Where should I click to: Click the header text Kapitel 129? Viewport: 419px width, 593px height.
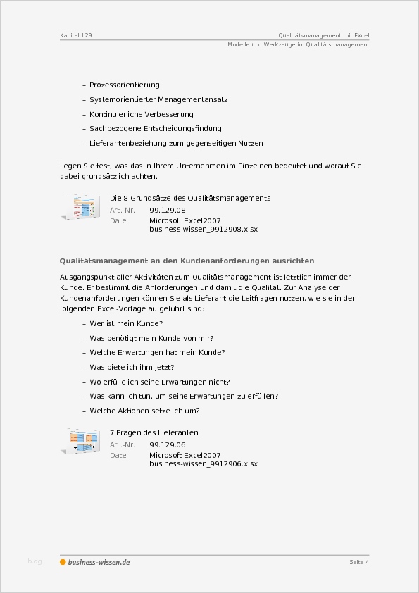pos(75,35)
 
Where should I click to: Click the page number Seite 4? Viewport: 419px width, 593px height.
pos(359,562)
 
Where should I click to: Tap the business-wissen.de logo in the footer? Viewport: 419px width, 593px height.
pos(95,562)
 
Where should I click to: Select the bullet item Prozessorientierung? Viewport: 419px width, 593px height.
pos(125,85)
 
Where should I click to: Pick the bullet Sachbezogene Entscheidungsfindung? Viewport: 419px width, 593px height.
pos(156,129)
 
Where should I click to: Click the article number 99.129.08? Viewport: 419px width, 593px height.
pos(168,210)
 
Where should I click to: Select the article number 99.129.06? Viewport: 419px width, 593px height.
pos(168,444)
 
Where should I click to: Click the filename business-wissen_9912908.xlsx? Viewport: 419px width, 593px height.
pos(204,230)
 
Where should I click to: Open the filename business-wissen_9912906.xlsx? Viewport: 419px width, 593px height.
pos(204,464)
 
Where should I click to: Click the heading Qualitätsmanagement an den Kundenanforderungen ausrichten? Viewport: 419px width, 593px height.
pos(187,261)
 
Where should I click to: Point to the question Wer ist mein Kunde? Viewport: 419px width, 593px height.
pos(126,323)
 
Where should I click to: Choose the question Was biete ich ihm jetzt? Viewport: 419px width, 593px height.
pos(132,367)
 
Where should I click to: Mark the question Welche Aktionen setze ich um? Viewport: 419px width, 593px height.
pos(145,411)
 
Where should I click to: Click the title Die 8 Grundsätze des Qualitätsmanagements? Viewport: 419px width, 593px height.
pos(190,198)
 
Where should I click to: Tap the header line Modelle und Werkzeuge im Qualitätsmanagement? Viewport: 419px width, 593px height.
pos(298,44)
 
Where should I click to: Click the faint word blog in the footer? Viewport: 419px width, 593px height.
pos(35,561)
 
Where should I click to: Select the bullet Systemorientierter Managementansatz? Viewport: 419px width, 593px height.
pos(158,100)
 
